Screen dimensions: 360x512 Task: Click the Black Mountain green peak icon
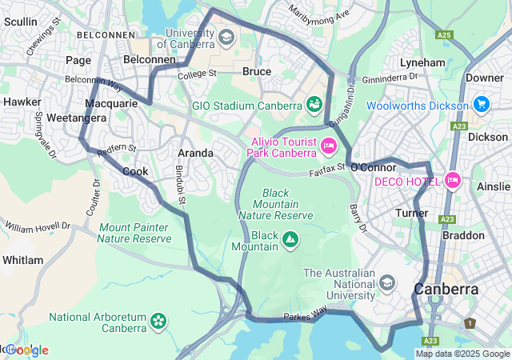[x=290, y=239]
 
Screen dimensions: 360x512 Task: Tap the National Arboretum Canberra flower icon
[x=158, y=322]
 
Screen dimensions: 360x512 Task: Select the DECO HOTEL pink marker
[x=453, y=181]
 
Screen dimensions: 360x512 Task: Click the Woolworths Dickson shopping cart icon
[x=481, y=105]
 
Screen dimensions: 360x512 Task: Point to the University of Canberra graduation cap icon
[x=226, y=38]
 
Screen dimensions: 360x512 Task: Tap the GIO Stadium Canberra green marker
[x=314, y=105]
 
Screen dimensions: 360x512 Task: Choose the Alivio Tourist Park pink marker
[x=328, y=146]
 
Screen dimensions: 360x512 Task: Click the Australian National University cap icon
[x=388, y=283]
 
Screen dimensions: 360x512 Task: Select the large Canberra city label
[x=446, y=289]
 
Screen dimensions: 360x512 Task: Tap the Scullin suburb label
[x=21, y=22]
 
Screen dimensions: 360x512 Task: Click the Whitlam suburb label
[x=22, y=260]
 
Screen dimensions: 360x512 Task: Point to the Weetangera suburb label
[x=32, y=118]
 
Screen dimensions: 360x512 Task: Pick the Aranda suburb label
[x=195, y=153]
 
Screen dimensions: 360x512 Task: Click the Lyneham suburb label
[x=422, y=62]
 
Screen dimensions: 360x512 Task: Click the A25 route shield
[x=445, y=35]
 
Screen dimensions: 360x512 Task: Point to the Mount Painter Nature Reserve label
[x=135, y=233]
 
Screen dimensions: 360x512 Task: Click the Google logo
[x=27, y=350]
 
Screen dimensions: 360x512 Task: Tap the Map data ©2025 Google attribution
[x=462, y=354]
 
